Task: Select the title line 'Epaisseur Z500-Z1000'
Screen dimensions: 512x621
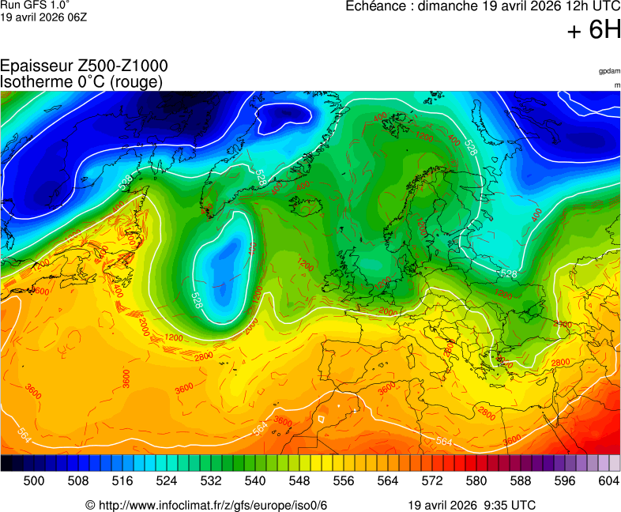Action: tap(84, 67)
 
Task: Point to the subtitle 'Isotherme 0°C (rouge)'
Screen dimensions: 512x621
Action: tap(81, 81)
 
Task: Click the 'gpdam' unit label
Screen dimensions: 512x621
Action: tap(609, 71)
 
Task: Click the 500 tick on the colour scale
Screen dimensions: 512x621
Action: tap(34, 480)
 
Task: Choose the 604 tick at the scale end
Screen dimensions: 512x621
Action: tap(608, 480)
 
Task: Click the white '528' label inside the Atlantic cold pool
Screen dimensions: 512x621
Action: tap(197, 299)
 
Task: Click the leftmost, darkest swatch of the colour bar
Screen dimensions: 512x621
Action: tap(6, 463)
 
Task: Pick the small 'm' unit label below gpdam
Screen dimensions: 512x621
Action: tap(615, 85)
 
